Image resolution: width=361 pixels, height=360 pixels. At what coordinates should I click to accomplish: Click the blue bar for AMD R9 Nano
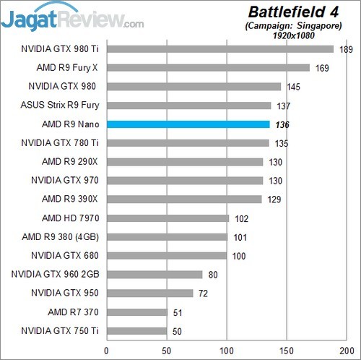(x=188, y=124)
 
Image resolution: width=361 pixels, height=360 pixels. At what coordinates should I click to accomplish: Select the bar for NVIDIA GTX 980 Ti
(x=219, y=49)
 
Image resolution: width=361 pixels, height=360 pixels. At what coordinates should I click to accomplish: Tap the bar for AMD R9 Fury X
(x=208, y=68)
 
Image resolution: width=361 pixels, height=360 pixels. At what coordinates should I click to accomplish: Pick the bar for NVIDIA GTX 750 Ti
(x=136, y=331)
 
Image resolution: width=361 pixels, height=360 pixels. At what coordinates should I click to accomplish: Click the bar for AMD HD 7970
(x=168, y=218)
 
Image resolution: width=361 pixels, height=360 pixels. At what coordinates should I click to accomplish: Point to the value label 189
(x=347, y=49)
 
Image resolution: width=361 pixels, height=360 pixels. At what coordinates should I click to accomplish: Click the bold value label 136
(x=282, y=124)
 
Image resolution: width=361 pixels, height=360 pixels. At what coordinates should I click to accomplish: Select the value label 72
(x=205, y=293)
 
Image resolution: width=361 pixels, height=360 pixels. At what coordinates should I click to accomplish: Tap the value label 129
(x=274, y=200)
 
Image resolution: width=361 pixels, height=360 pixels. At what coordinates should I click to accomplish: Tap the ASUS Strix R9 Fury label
(x=64, y=106)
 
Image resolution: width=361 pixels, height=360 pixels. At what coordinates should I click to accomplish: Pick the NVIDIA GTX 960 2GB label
(x=58, y=275)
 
